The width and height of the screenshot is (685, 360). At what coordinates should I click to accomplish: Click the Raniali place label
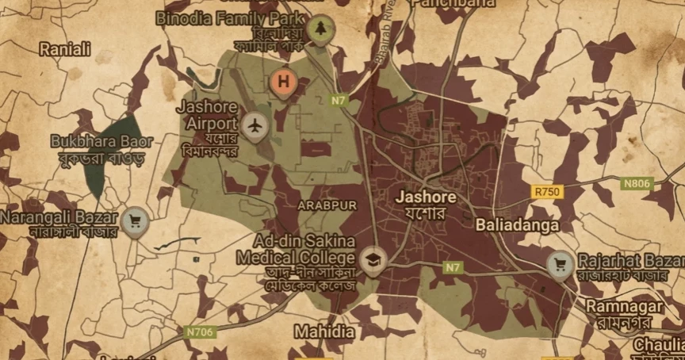point(65,49)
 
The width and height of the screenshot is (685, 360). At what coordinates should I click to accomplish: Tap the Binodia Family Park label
point(231,17)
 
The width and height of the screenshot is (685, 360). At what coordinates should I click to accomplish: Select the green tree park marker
point(320,29)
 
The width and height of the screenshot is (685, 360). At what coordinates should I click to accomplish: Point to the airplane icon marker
point(254,124)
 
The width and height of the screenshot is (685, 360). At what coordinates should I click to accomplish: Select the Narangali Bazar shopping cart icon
point(133,220)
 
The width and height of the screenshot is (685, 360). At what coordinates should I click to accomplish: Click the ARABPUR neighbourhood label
point(327,205)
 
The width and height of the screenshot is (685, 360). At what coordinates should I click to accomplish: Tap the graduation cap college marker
point(369,259)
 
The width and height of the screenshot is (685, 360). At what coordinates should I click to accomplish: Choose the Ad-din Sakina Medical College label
point(305,248)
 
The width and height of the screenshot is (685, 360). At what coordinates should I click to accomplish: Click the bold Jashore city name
point(427,197)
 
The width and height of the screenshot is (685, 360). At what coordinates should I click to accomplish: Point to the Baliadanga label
point(517,225)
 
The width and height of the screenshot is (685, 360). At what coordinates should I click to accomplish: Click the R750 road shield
point(547,192)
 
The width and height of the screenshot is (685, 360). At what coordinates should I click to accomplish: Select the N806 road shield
point(637,184)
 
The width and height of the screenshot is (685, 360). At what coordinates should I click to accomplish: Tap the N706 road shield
point(201,332)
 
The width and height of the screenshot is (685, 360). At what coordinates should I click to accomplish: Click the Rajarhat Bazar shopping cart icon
point(561,263)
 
